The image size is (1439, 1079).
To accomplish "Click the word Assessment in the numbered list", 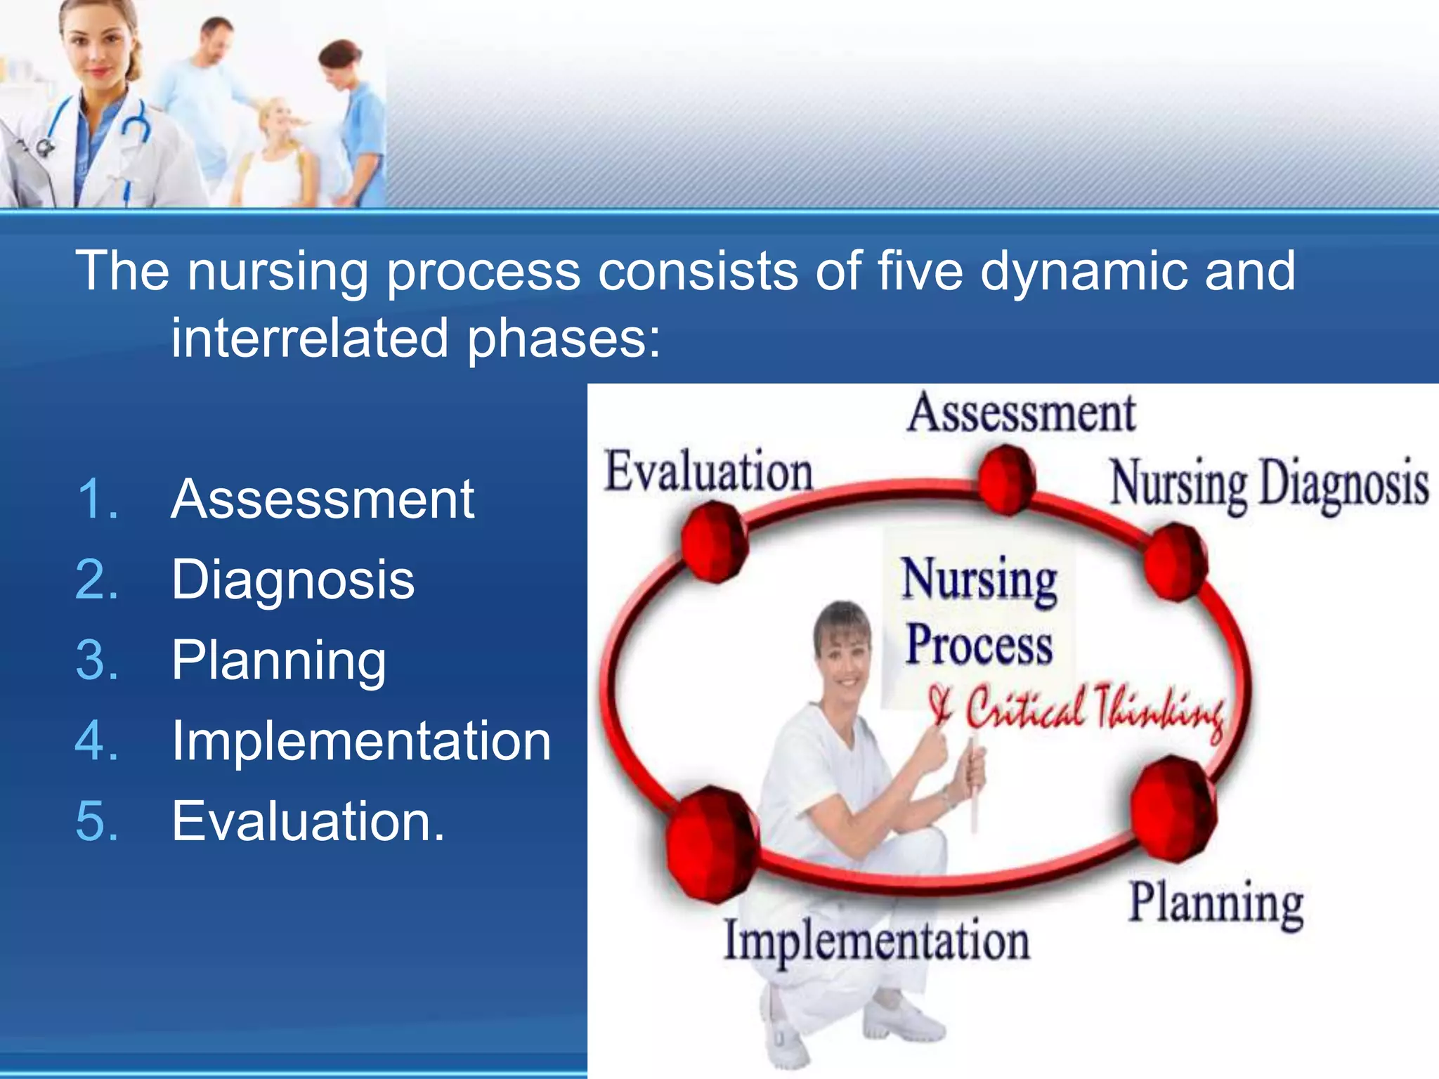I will [323, 499].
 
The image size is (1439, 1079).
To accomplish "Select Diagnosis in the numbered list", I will [293, 580].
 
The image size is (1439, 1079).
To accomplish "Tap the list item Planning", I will [279, 660].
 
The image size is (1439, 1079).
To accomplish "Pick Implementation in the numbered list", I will [361, 741].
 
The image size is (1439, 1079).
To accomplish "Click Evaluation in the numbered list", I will [307, 821].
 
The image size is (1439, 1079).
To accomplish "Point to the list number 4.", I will [96, 741].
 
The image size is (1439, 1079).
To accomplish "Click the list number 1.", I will [96, 499].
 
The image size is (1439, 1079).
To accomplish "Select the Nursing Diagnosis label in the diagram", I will [1269, 483].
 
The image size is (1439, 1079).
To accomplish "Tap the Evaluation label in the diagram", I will [708, 471].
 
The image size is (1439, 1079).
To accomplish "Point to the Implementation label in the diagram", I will [877, 941].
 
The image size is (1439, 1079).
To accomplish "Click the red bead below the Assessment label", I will [1007, 479].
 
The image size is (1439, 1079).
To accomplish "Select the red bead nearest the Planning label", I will [1174, 809].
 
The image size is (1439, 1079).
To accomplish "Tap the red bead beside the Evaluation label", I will [714, 541].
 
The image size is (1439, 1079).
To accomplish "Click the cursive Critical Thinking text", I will [1075, 709].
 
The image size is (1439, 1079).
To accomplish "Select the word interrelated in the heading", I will [310, 339].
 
